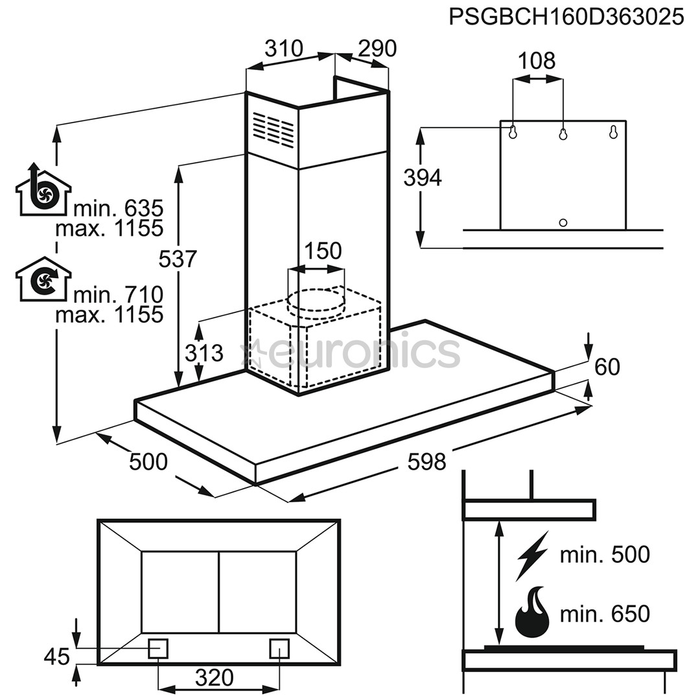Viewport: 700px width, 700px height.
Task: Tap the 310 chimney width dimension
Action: tap(284, 49)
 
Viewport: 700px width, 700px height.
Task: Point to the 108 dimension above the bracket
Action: tap(537, 61)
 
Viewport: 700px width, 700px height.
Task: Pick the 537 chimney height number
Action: tap(177, 259)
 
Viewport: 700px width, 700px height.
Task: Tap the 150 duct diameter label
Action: tap(322, 251)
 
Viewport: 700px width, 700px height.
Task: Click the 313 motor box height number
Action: tap(204, 353)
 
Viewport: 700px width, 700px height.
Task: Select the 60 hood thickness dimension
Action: tap(607, 367)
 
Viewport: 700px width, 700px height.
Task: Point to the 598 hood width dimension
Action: tap(426, 461)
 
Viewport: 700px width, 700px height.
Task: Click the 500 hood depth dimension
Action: tap(148, 462)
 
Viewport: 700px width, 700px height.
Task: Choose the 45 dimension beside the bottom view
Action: tap(56, 657)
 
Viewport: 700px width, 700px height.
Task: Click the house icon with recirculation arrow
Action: tap(41, 279)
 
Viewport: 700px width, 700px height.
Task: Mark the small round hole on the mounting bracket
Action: tap(563, 223)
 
